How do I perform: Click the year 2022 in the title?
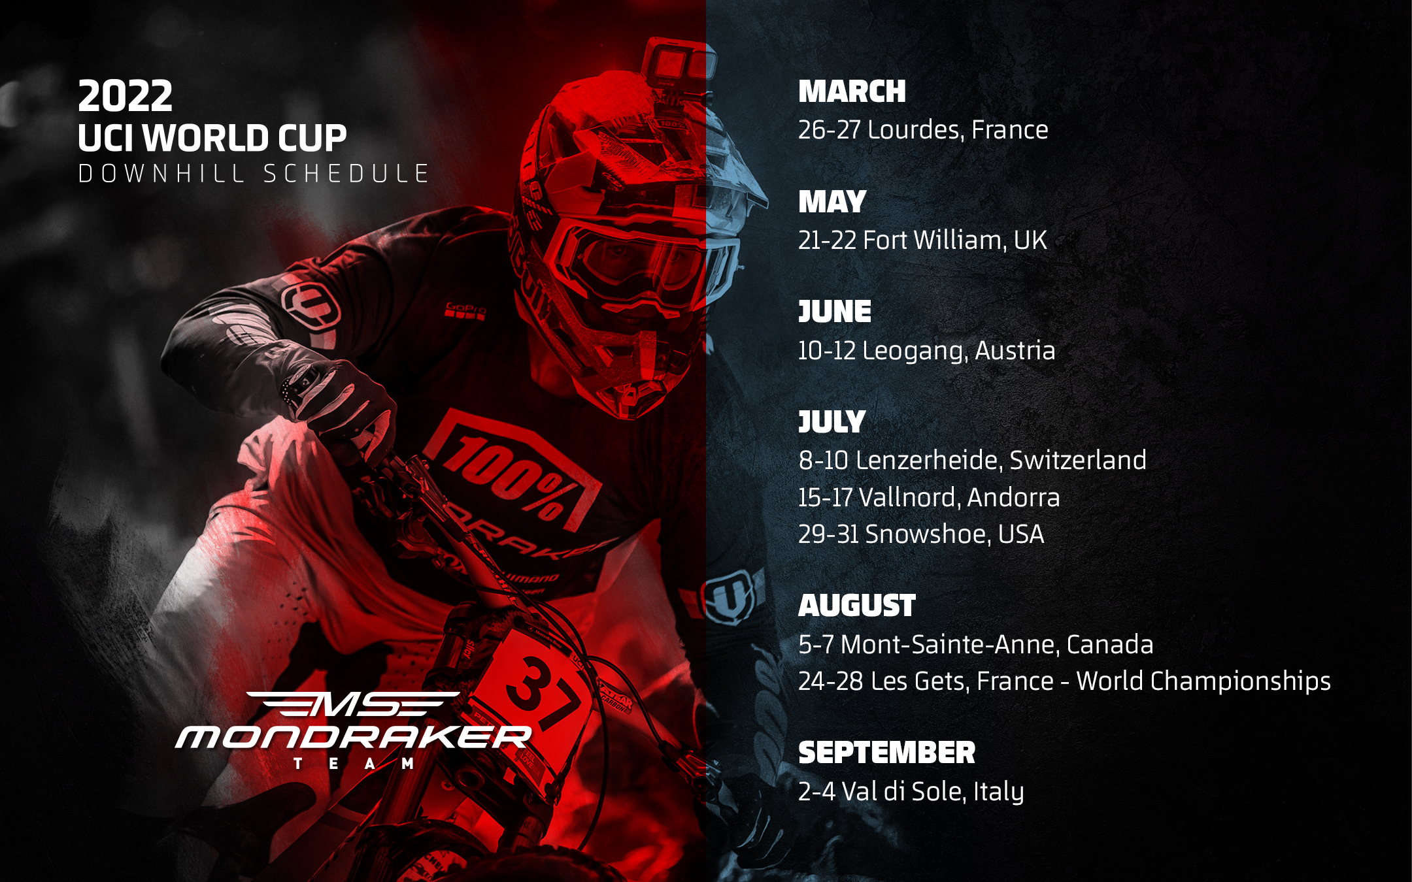pos(126,96)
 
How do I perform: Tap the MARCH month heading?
pos(852,91)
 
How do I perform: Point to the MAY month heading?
pos(832,202)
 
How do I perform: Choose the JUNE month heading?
pos(835,312)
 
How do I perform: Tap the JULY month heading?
pos(832,422)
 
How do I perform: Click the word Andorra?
pos(1013,498)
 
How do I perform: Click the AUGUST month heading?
pos(857,606)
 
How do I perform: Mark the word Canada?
pos(1110,645)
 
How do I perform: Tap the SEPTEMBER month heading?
pos(886,753)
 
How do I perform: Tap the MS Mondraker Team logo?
pos(354,730)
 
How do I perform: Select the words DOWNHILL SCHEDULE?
pos(253,174)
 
